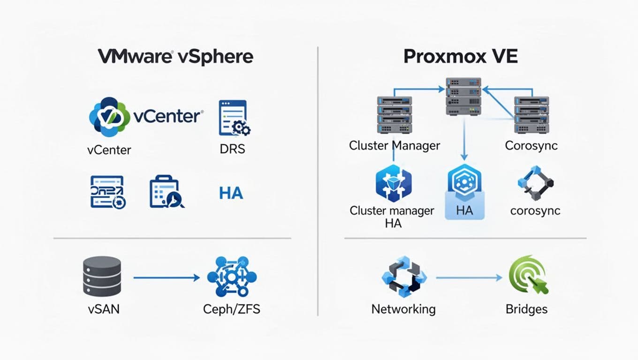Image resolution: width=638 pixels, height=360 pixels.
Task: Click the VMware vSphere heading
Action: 175,56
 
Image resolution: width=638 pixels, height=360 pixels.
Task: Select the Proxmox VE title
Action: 460,56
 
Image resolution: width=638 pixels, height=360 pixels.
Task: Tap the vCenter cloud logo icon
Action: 110,117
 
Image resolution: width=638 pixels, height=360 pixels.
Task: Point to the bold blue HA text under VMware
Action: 231,193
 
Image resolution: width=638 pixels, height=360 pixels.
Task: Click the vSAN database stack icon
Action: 102,276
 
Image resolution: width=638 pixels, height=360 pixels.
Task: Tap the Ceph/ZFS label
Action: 231,309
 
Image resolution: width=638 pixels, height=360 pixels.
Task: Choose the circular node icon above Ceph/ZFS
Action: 231,276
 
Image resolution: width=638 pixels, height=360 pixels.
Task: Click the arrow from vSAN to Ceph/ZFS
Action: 167,278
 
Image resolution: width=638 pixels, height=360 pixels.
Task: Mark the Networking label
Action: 403,309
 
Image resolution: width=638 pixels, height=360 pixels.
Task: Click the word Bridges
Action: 526,309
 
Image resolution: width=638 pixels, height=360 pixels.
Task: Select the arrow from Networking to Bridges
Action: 469,278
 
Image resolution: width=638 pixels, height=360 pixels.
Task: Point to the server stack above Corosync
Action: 531,115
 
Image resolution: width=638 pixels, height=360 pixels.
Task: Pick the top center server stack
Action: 463,97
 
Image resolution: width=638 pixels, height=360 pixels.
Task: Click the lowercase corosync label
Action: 535,210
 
